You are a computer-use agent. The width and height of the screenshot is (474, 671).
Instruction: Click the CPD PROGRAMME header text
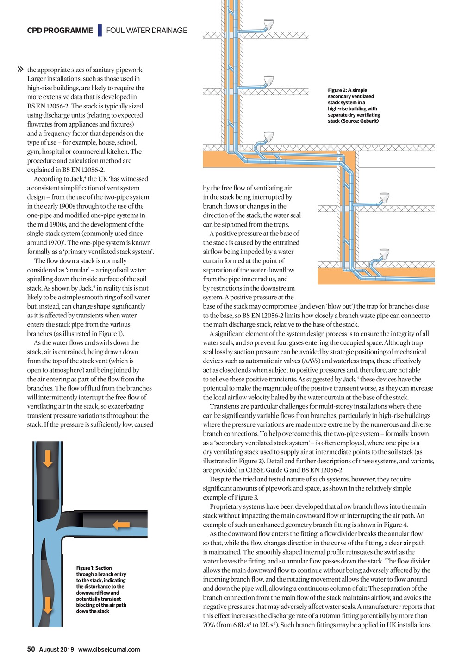60,31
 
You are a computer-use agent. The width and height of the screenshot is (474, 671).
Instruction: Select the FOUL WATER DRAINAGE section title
147,31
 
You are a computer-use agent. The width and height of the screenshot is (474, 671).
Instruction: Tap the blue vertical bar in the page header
100,31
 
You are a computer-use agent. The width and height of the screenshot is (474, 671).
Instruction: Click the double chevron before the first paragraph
20,70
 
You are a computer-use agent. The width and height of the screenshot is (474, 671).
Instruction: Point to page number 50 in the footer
31,649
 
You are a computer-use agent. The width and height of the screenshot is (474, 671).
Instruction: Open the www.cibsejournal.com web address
109,649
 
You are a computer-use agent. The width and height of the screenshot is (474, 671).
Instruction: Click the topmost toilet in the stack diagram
268,24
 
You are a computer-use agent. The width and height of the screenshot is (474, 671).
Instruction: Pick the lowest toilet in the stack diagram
384,253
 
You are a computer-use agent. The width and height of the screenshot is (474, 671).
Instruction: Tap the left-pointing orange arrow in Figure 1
121,525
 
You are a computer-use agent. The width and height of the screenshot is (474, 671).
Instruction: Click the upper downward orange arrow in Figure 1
47,458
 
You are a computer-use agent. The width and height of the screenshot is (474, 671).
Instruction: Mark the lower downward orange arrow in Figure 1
47,605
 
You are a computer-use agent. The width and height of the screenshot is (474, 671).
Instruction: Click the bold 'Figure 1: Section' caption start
94,568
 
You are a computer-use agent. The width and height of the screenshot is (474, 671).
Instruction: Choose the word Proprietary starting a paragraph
227,506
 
